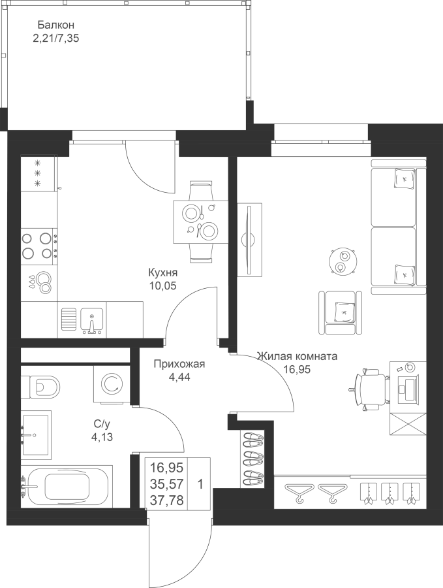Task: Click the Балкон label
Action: pyautogui.click(x=56, y=25)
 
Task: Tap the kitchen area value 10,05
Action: pyautogui.click(x=163, y=286)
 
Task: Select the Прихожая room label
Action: pyautogui.click(x=180, y=364)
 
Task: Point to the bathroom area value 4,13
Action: pyautogui.click(x=102, y=437)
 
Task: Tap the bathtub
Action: pyautogui.click(x=67, y=486)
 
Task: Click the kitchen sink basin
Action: pyautogui.click(x=92, y=321)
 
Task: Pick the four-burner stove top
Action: pyautogui.click(x=39, y=246)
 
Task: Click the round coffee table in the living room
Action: pyautogui.click(x=343, y=261)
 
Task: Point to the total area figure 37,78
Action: pyautogui.click(x=167, y=500)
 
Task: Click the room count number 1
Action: pyautogui.click(x=200, y=485)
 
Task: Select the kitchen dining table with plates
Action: pyautogui.click(x=200, y=222)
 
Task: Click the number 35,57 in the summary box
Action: pyautogui.click(x=167, y=484)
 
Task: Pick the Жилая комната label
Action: pyautogui.click(x=297, y=356)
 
